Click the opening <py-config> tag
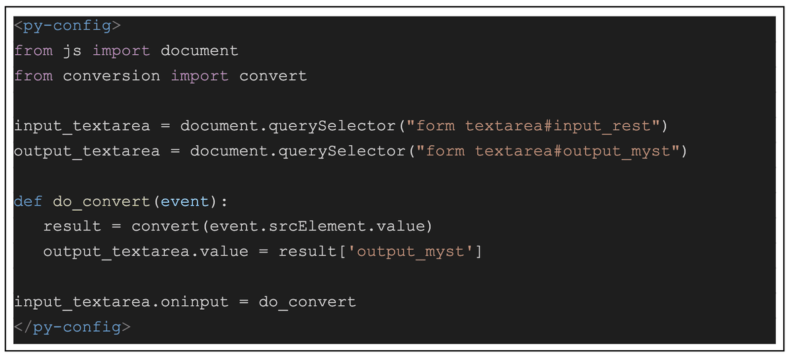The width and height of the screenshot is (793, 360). coord(67,26)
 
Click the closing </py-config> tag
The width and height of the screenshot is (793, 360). coord(73,327)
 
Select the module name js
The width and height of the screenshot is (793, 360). coord(73,52)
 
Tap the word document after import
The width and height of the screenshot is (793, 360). coord(200,51)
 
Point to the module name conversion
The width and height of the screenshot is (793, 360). coord(112,76)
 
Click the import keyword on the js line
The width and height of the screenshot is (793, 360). coord(122,52)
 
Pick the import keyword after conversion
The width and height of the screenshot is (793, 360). coord(200,77)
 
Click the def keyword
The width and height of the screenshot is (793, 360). coord(28,201)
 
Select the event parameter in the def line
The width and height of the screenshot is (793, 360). coord(185,201)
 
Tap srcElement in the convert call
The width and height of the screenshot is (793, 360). coord(317,226)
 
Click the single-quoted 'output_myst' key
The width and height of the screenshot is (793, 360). coord(410,252)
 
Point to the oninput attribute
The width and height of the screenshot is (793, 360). coord(194,302)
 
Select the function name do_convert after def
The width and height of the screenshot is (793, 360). coord(102,201)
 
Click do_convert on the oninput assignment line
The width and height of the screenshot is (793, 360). coord(307,302)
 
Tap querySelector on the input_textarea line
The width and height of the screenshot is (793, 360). coord(332,126)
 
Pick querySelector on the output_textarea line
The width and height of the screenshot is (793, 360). coord(342,151)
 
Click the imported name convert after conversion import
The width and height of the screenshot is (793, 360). coord(273,76)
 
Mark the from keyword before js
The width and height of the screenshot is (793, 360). coord(34,51)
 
